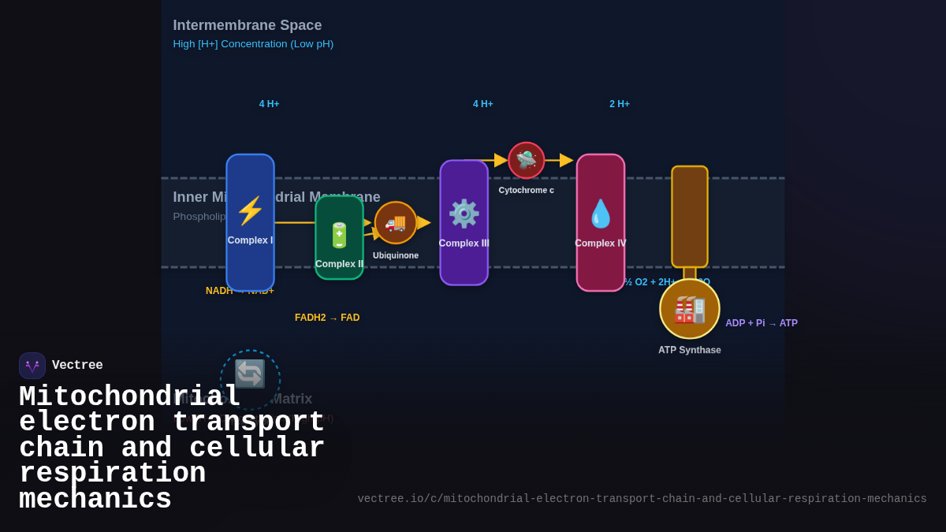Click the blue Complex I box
point(250,222)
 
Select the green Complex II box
point(339,237)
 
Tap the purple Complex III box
point(464,222)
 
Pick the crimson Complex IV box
point(600,222)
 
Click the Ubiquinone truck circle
point(396,222)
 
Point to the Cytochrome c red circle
point(526,160)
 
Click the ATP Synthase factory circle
point(689,309)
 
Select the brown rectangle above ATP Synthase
point(689,217)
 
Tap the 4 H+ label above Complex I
point(269,104)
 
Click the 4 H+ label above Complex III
point(482,104)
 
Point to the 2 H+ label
point(619,104)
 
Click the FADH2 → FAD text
point(327,318)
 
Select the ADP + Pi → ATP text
point(761,323)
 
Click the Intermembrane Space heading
point(247,25)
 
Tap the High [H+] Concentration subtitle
point(253,44)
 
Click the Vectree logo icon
point(32,366)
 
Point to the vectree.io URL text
point(642,499)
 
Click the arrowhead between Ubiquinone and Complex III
point(424,222)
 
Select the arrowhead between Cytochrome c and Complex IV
point(566,160)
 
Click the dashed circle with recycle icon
point(250,378)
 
